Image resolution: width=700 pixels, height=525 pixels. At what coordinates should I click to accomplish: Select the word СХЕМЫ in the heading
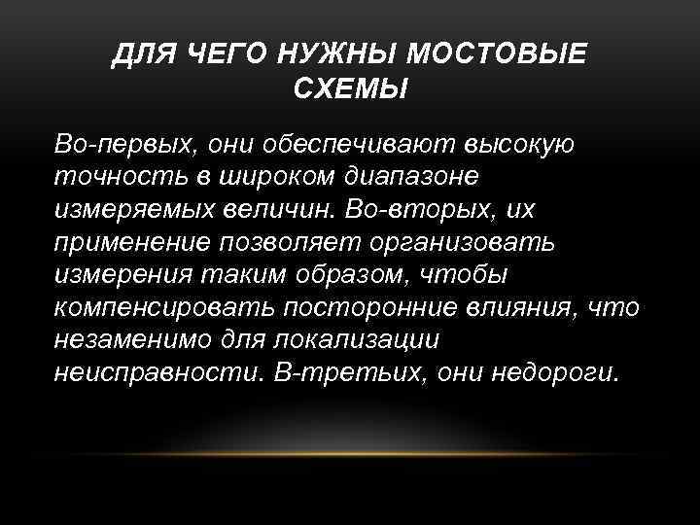(x=350, y=89)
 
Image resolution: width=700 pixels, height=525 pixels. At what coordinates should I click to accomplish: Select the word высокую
(x=520, y=146)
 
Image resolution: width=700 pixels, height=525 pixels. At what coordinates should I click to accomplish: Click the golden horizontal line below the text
(x=350, y=453)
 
